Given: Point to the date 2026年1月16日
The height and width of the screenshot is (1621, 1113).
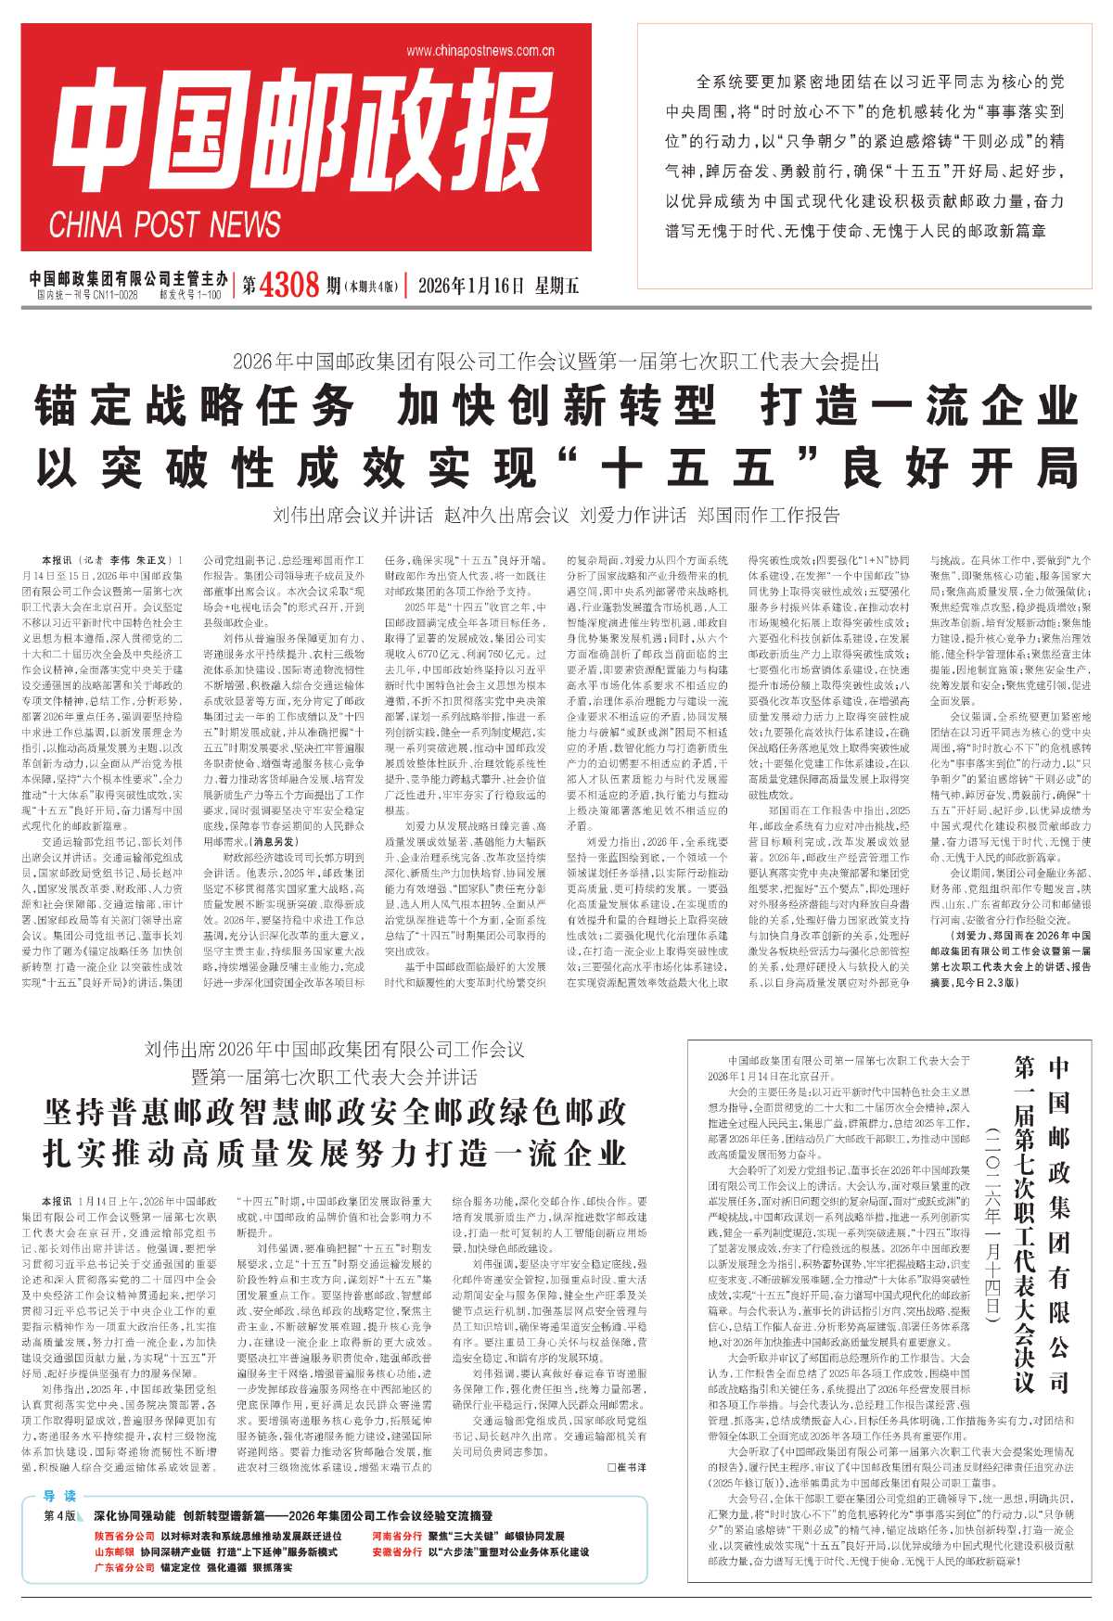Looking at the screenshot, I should coord(471,286).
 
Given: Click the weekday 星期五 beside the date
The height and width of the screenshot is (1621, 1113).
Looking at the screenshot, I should coord(556,286).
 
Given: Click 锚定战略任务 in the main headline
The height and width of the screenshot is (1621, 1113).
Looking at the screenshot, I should coord(196,406).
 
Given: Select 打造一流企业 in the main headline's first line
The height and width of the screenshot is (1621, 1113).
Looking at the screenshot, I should coord(919,406).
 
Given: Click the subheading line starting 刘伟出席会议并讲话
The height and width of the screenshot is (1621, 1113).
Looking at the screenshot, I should coord(556,515).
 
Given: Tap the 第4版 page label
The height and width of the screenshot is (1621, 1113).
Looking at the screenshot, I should coord(61,1515).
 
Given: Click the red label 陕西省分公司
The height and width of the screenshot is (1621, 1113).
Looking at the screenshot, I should coord(124,1536).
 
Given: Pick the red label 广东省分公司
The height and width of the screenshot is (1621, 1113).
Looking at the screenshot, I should coord(124,1567).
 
